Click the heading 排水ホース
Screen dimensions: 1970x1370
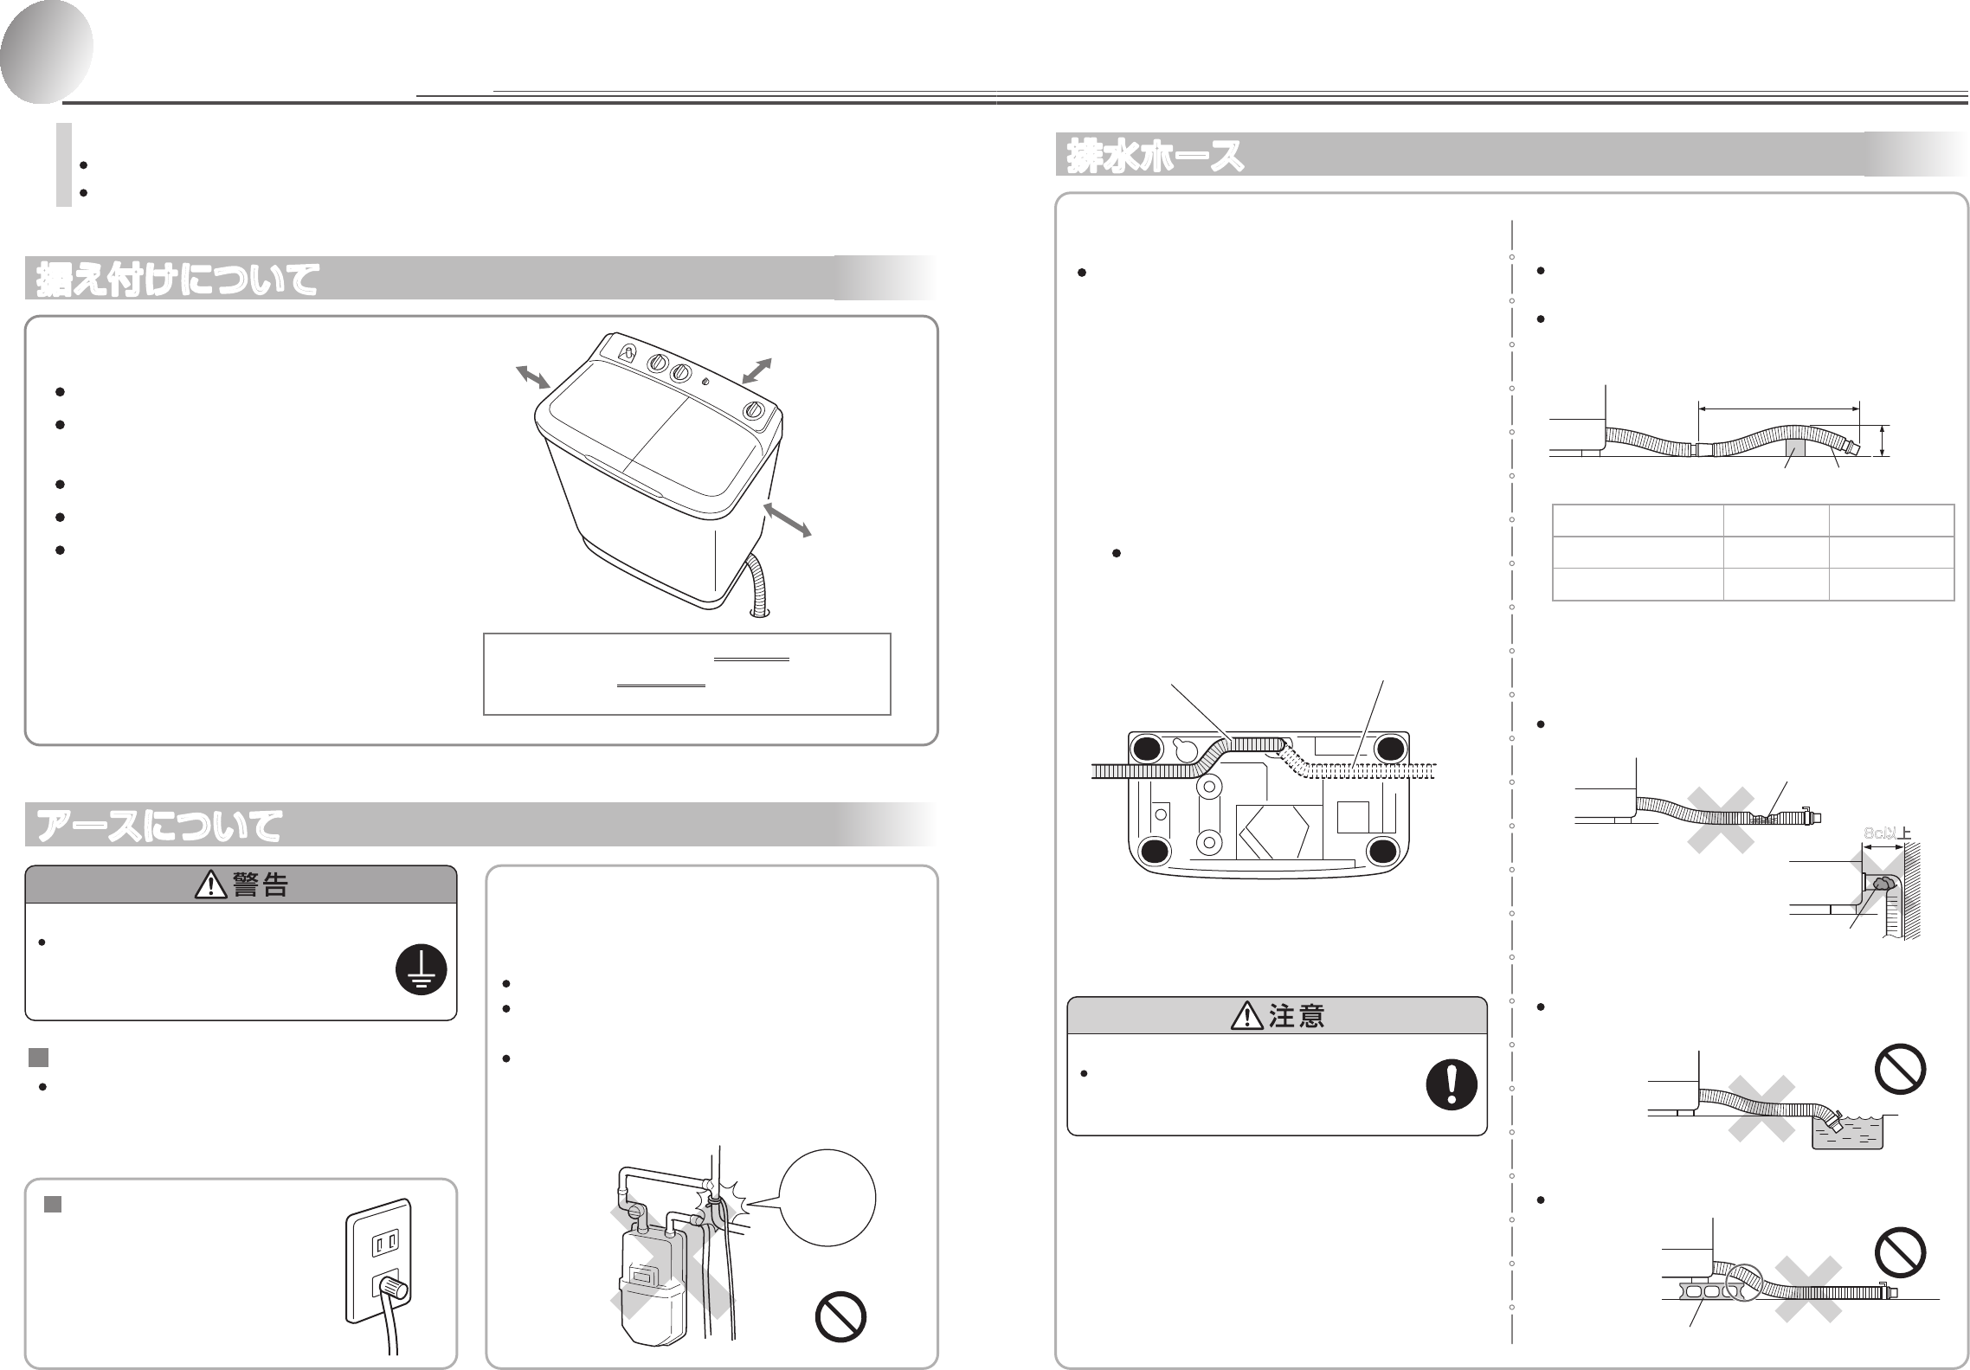1156,156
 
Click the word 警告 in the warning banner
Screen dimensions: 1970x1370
260,884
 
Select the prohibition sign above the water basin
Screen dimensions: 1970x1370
1900,1070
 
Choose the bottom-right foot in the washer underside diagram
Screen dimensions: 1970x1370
1382,851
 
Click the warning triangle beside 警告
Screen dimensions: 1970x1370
209,884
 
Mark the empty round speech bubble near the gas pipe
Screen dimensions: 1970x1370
828,1198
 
